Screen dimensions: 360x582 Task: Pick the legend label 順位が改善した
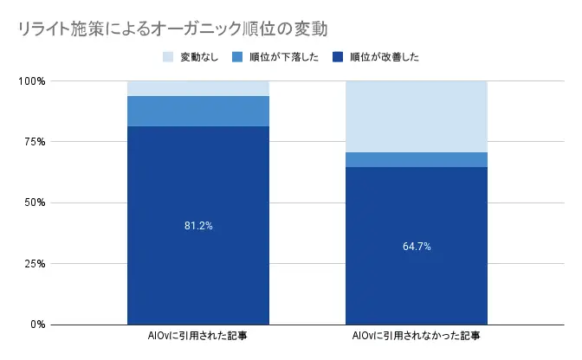[x=385, y=58]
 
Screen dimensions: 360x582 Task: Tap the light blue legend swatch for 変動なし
[x=168, y=58]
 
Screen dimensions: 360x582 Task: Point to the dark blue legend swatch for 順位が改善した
[x=337, y=58]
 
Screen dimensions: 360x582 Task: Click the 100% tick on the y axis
[x=31, y=81]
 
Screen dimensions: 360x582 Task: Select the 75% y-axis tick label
[x=34, y=142]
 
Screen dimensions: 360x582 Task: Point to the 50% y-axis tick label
[x=34, y=202]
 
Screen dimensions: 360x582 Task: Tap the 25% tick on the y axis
[x=34, y=264]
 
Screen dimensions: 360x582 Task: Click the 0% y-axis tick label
[x=36, y=325]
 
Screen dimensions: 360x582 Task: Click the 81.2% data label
[x=198, y=226]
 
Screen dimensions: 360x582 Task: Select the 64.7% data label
[x=417, y=247]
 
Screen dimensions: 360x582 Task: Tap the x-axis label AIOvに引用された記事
[x=198, y=336]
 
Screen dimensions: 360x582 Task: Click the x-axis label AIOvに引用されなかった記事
[x=417, y=336]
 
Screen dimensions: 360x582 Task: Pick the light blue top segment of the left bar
[x=198, y=88]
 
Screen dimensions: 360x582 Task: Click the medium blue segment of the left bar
[x=198, y=111]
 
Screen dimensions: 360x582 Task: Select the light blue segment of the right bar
[x=417, y=117]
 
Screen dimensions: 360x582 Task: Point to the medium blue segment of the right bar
[x=417, y=159]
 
